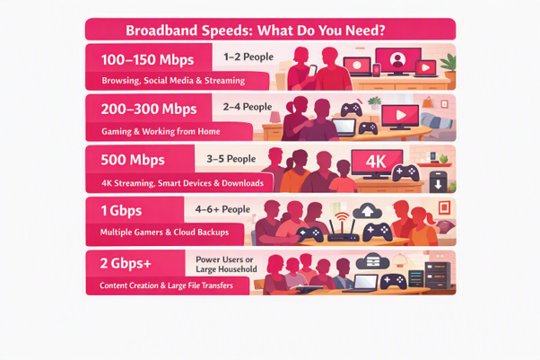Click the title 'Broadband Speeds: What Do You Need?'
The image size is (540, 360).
(255, 31)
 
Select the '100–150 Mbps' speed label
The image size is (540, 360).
(147, 59)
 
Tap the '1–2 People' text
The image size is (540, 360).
(248, 57)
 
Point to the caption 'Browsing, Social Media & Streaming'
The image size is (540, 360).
(173, 81)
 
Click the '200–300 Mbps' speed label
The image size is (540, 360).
(149, 110)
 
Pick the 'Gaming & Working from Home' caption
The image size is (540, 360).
(161, 131)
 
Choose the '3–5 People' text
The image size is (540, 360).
(231, 159)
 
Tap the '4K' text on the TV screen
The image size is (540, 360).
(376, 162)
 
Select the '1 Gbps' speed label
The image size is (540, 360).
(121, 211)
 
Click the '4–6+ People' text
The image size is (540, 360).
(222, 209)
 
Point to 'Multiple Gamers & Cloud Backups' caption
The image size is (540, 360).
(164, 232)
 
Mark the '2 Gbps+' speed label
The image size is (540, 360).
(126, 263)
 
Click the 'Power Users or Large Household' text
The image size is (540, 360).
(226, 264)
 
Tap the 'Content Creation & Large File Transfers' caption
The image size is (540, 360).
(166, 285)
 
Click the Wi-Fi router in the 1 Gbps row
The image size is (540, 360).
(343, 228)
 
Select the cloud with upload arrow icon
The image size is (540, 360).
(368, 211)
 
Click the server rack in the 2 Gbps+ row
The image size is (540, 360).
(438, 276)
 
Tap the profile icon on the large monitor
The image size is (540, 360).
(397, 59)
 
